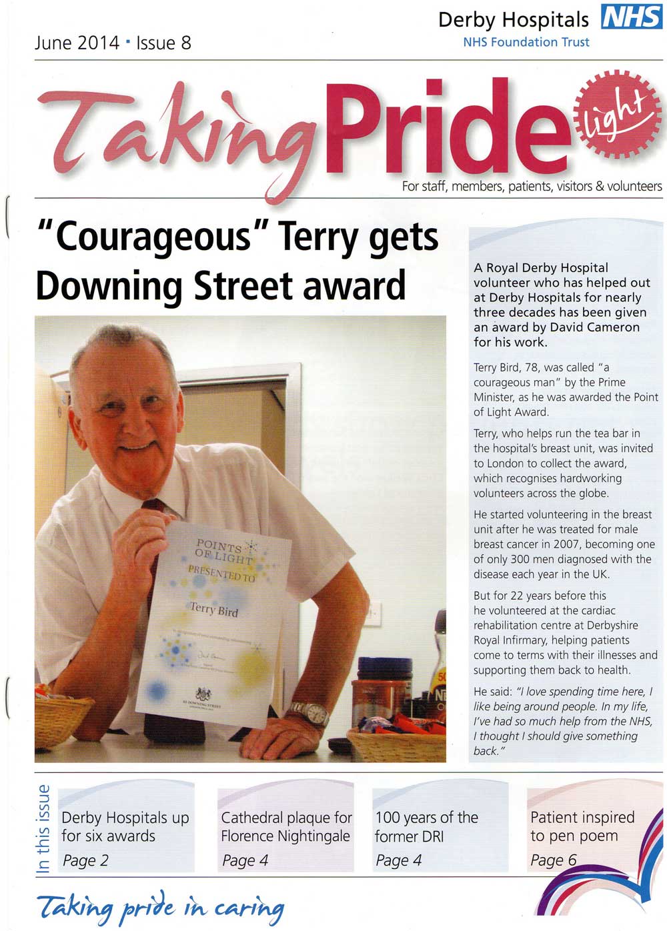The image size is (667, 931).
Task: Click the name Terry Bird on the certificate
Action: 213,609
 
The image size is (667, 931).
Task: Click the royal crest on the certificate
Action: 203,694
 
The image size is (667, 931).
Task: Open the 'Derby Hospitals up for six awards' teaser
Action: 125,827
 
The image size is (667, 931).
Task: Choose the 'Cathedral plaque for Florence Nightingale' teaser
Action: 285,827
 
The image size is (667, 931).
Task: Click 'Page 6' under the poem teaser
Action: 553,860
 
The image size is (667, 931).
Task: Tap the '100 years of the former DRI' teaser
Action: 427,827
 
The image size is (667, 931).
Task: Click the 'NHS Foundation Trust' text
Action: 526,42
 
